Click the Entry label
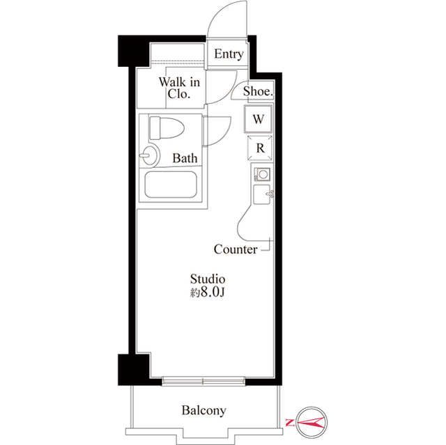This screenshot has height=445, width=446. [229, 54]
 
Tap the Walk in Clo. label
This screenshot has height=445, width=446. [179, 88]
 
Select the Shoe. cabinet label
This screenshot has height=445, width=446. [258, 91]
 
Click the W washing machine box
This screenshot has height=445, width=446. [258, 119]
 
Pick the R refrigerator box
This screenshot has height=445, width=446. [259, 148]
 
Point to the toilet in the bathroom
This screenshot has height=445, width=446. [165, 128]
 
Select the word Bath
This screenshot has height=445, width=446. [185, 158]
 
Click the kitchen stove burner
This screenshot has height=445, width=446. [262, 174]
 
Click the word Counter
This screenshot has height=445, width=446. [235, 249]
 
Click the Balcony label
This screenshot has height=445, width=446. [203, 410]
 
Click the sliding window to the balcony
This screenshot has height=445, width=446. [203, 380]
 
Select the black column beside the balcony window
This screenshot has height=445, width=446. [132, 366]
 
